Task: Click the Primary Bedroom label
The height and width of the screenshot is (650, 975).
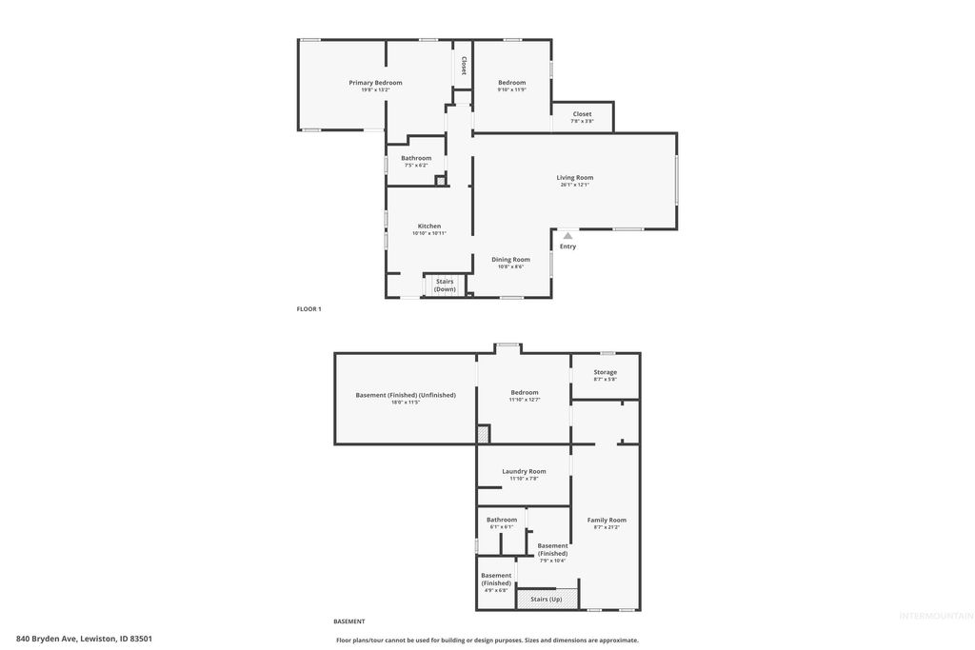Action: (x=375, y=83)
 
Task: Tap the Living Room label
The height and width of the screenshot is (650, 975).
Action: (x=575, y=178)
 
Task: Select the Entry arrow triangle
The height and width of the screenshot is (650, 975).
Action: (x=567, y=235)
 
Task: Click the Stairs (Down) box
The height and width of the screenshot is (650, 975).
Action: (x=445, y=285)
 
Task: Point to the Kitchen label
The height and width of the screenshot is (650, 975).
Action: (x=429, y=227)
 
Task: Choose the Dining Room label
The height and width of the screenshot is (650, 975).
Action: (x=510, y=260)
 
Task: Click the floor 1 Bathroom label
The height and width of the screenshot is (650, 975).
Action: (x=416, y=158)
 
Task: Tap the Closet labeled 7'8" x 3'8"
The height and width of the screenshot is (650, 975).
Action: (x=582, y=117)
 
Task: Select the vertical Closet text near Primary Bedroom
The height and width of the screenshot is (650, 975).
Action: (x=464, y=66)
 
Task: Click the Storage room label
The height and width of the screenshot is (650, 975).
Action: (x=606, y=372)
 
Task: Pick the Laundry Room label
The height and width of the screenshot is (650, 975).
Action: (x=524, y=471)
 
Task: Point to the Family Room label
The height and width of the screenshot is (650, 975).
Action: (x=607, y=520)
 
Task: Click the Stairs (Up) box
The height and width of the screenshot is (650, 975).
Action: (x=546, y=599)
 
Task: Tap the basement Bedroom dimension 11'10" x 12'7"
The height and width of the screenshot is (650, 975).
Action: (x=524, y=400)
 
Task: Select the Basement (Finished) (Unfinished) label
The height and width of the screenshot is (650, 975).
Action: (x=406, y=395)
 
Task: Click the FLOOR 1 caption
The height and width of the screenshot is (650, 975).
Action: (x=309, y=309)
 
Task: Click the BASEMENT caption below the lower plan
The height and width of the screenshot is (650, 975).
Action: (x=348, y=621)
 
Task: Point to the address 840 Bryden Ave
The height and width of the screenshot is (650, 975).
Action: (x=84, y=639)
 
